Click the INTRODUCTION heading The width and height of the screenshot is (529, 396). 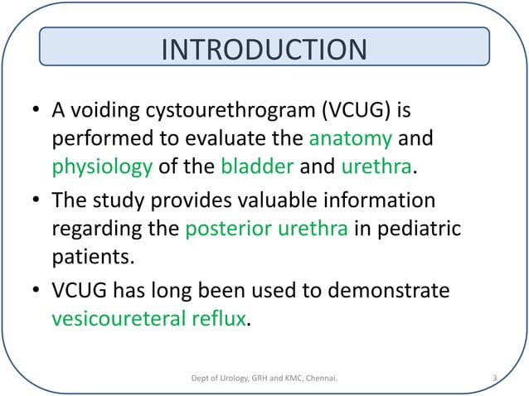264,49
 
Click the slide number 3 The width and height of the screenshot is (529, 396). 494,380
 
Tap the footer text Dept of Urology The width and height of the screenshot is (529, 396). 216,380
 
